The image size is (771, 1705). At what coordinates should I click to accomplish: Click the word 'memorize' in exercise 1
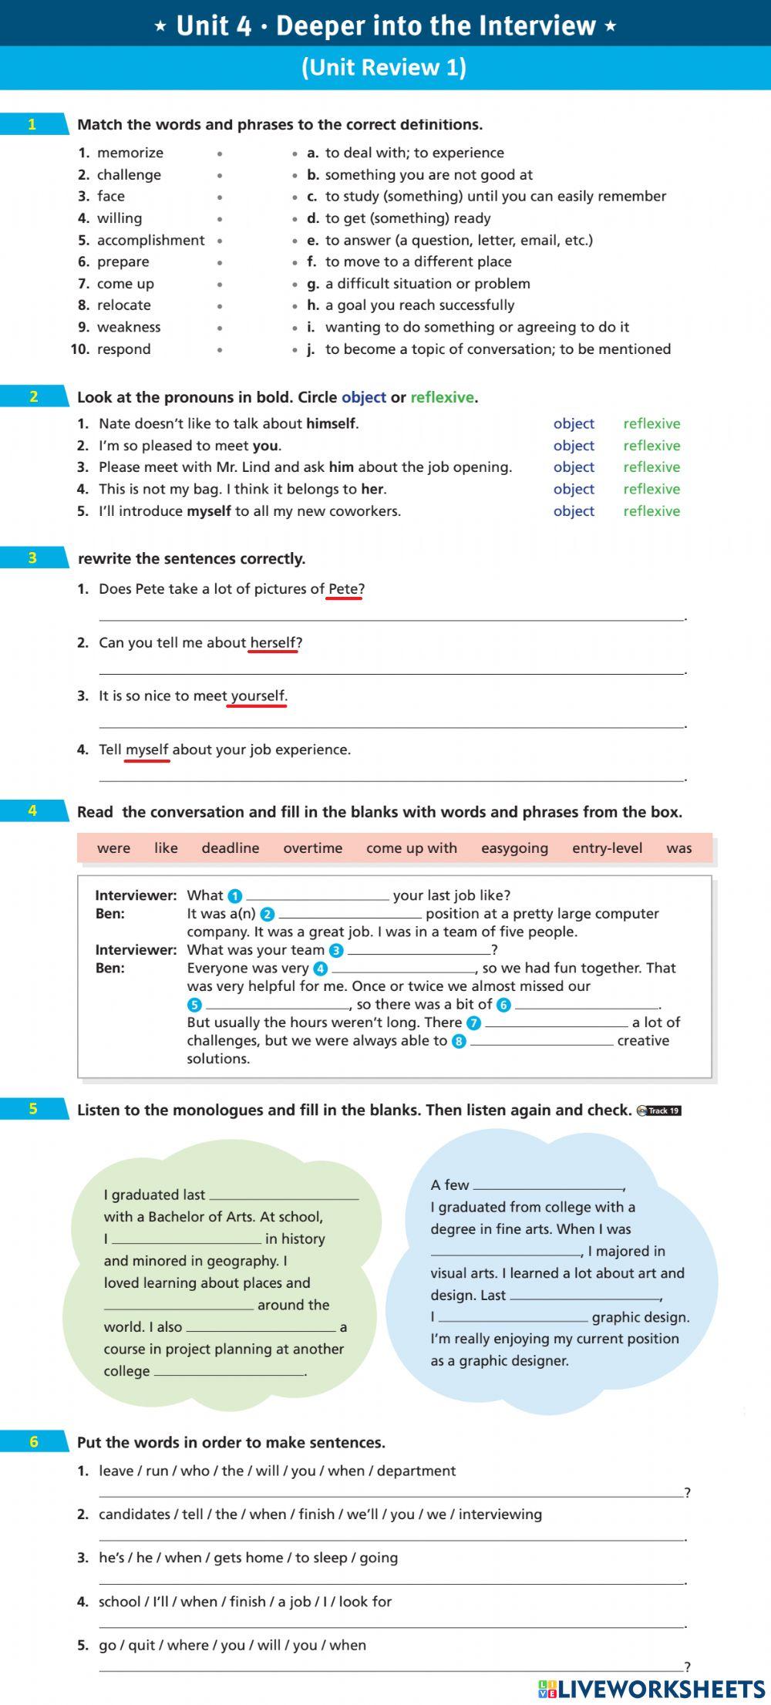pos(130,153)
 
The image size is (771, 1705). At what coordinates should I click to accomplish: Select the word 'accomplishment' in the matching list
pos(151,240)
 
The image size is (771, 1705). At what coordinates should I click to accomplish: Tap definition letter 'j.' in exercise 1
pos(311,349)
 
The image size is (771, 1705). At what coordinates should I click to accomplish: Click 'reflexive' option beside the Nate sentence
pos(651,423)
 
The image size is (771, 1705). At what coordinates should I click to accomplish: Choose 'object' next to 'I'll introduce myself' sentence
pos(574,511)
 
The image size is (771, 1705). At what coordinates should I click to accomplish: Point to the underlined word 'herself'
pos(273,642)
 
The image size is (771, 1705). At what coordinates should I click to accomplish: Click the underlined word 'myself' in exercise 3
pos(146,750)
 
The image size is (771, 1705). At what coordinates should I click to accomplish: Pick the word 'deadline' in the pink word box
pos(231,848)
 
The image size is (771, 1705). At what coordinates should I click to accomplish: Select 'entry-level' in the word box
pos(607,848)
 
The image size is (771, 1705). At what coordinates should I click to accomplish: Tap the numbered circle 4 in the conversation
pos(321,969)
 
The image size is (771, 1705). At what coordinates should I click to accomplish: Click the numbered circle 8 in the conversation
pos(459,1042)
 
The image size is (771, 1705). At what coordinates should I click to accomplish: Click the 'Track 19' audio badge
pos(659,1110)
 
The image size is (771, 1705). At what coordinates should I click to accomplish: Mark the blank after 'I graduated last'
pos(284,1195)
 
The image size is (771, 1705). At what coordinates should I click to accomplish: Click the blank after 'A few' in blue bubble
pos(548,1184)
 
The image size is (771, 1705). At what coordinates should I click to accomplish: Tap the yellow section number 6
pos(33,1442)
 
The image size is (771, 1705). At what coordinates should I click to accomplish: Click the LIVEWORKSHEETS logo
pos(651,1689)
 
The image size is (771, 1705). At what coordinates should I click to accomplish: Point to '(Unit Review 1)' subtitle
pos(384,67)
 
